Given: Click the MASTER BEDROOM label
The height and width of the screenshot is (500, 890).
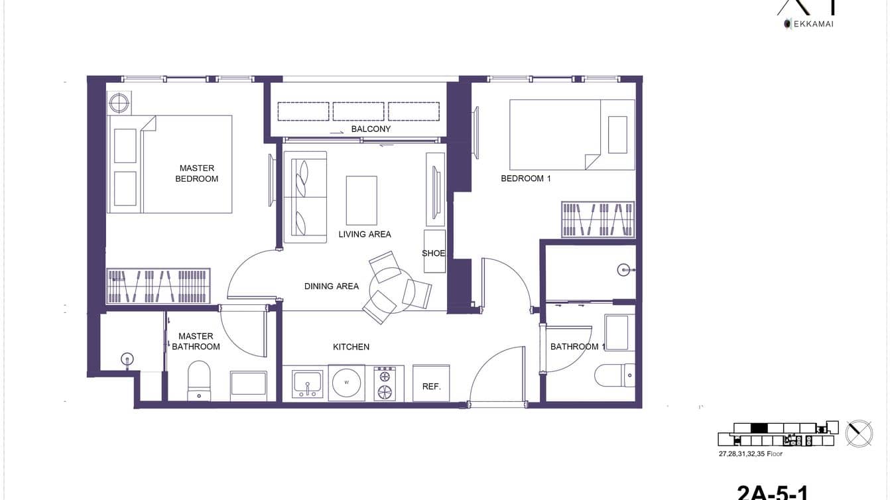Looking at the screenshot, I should (x=196, y=174).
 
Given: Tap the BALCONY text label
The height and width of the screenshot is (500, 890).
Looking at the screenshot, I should (x=371, y=129).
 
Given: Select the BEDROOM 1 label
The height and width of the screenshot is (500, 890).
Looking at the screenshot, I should (x=525, y=178).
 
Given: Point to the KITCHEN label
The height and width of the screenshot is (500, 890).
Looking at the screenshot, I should (x=351, y=347).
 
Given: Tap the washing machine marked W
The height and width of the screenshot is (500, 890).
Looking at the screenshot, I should (x=348, y=383).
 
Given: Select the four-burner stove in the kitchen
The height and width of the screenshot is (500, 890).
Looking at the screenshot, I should (x=385, y=383).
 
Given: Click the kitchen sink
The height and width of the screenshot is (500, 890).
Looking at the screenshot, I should (x=307, y=384).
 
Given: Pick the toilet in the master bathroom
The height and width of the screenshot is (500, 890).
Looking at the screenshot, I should (x=199, y=382).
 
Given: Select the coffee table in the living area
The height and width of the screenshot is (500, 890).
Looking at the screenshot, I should (x=361, y=200).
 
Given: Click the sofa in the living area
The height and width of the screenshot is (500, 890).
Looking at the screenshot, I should (x=305, y=197).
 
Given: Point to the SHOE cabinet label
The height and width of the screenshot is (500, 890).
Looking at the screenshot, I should (x=434, y=253).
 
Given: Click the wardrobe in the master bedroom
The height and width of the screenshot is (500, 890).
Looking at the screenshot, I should (x=158, y=286).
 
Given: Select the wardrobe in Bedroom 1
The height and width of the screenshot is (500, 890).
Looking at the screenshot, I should (x=598, y=219).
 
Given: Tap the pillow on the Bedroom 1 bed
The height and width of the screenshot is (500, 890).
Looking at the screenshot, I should (x=617, y=135).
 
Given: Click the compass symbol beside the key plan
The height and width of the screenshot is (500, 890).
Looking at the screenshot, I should (x=859, y=433).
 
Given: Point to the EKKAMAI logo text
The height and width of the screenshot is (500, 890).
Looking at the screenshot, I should (x=812, y=24).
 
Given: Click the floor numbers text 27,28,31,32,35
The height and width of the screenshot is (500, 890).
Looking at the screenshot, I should (x=750, y=454).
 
